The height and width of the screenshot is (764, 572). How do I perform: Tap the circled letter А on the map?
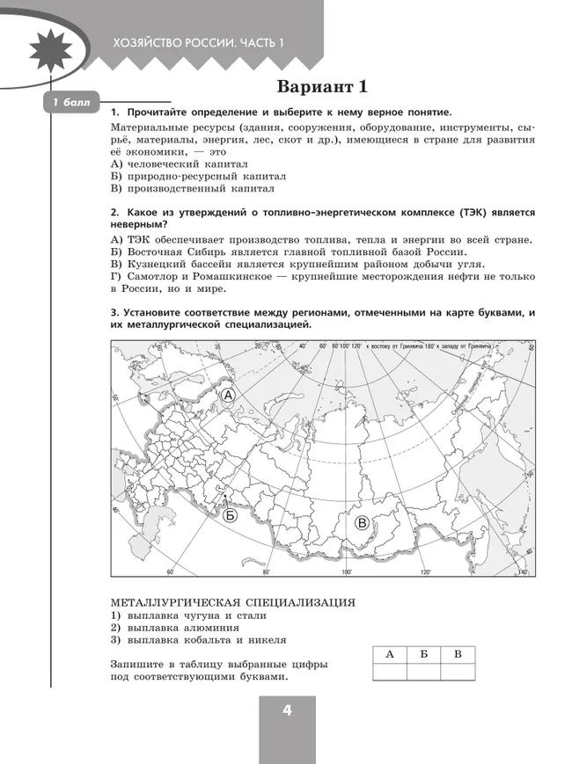[x=228, y=397]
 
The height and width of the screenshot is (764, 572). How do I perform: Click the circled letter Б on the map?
[x=230, y=515]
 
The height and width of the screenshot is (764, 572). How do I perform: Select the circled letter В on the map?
[x=362, y=523]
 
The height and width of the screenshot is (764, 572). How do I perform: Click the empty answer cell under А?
[x=390, y=672]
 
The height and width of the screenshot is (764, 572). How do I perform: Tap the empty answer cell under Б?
[x=423, y=672]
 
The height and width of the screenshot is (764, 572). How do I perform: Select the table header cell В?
[x=457, y=655]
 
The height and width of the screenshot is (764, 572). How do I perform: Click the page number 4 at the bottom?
[x=287, y=711]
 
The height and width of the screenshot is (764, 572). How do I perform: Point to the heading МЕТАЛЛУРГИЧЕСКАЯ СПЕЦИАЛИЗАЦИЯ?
[x=232, y=602]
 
